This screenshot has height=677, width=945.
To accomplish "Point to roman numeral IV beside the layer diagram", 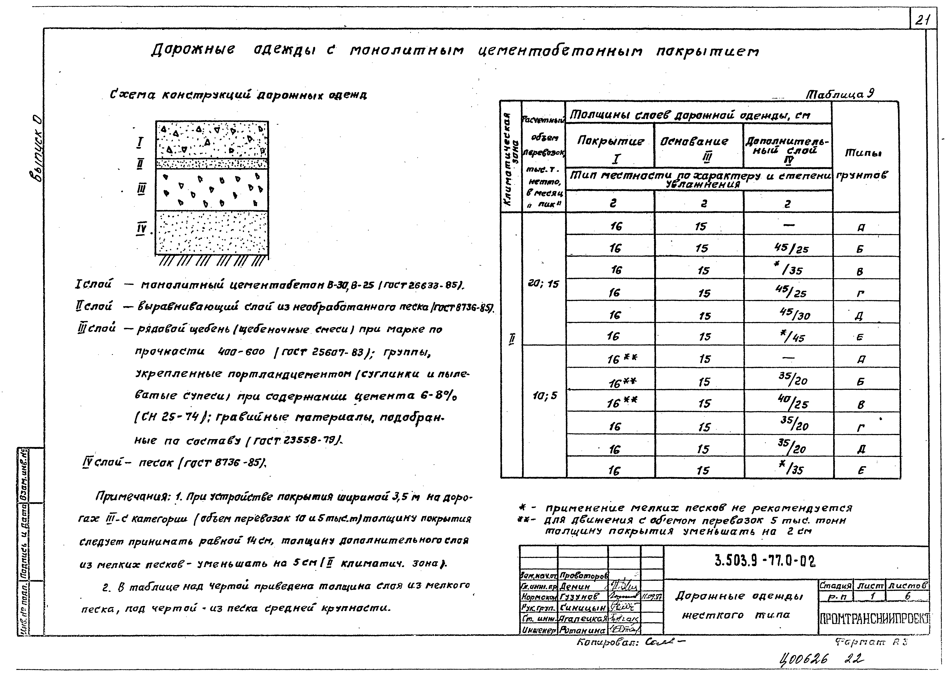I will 141,229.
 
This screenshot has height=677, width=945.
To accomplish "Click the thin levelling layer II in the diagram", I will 212,163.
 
